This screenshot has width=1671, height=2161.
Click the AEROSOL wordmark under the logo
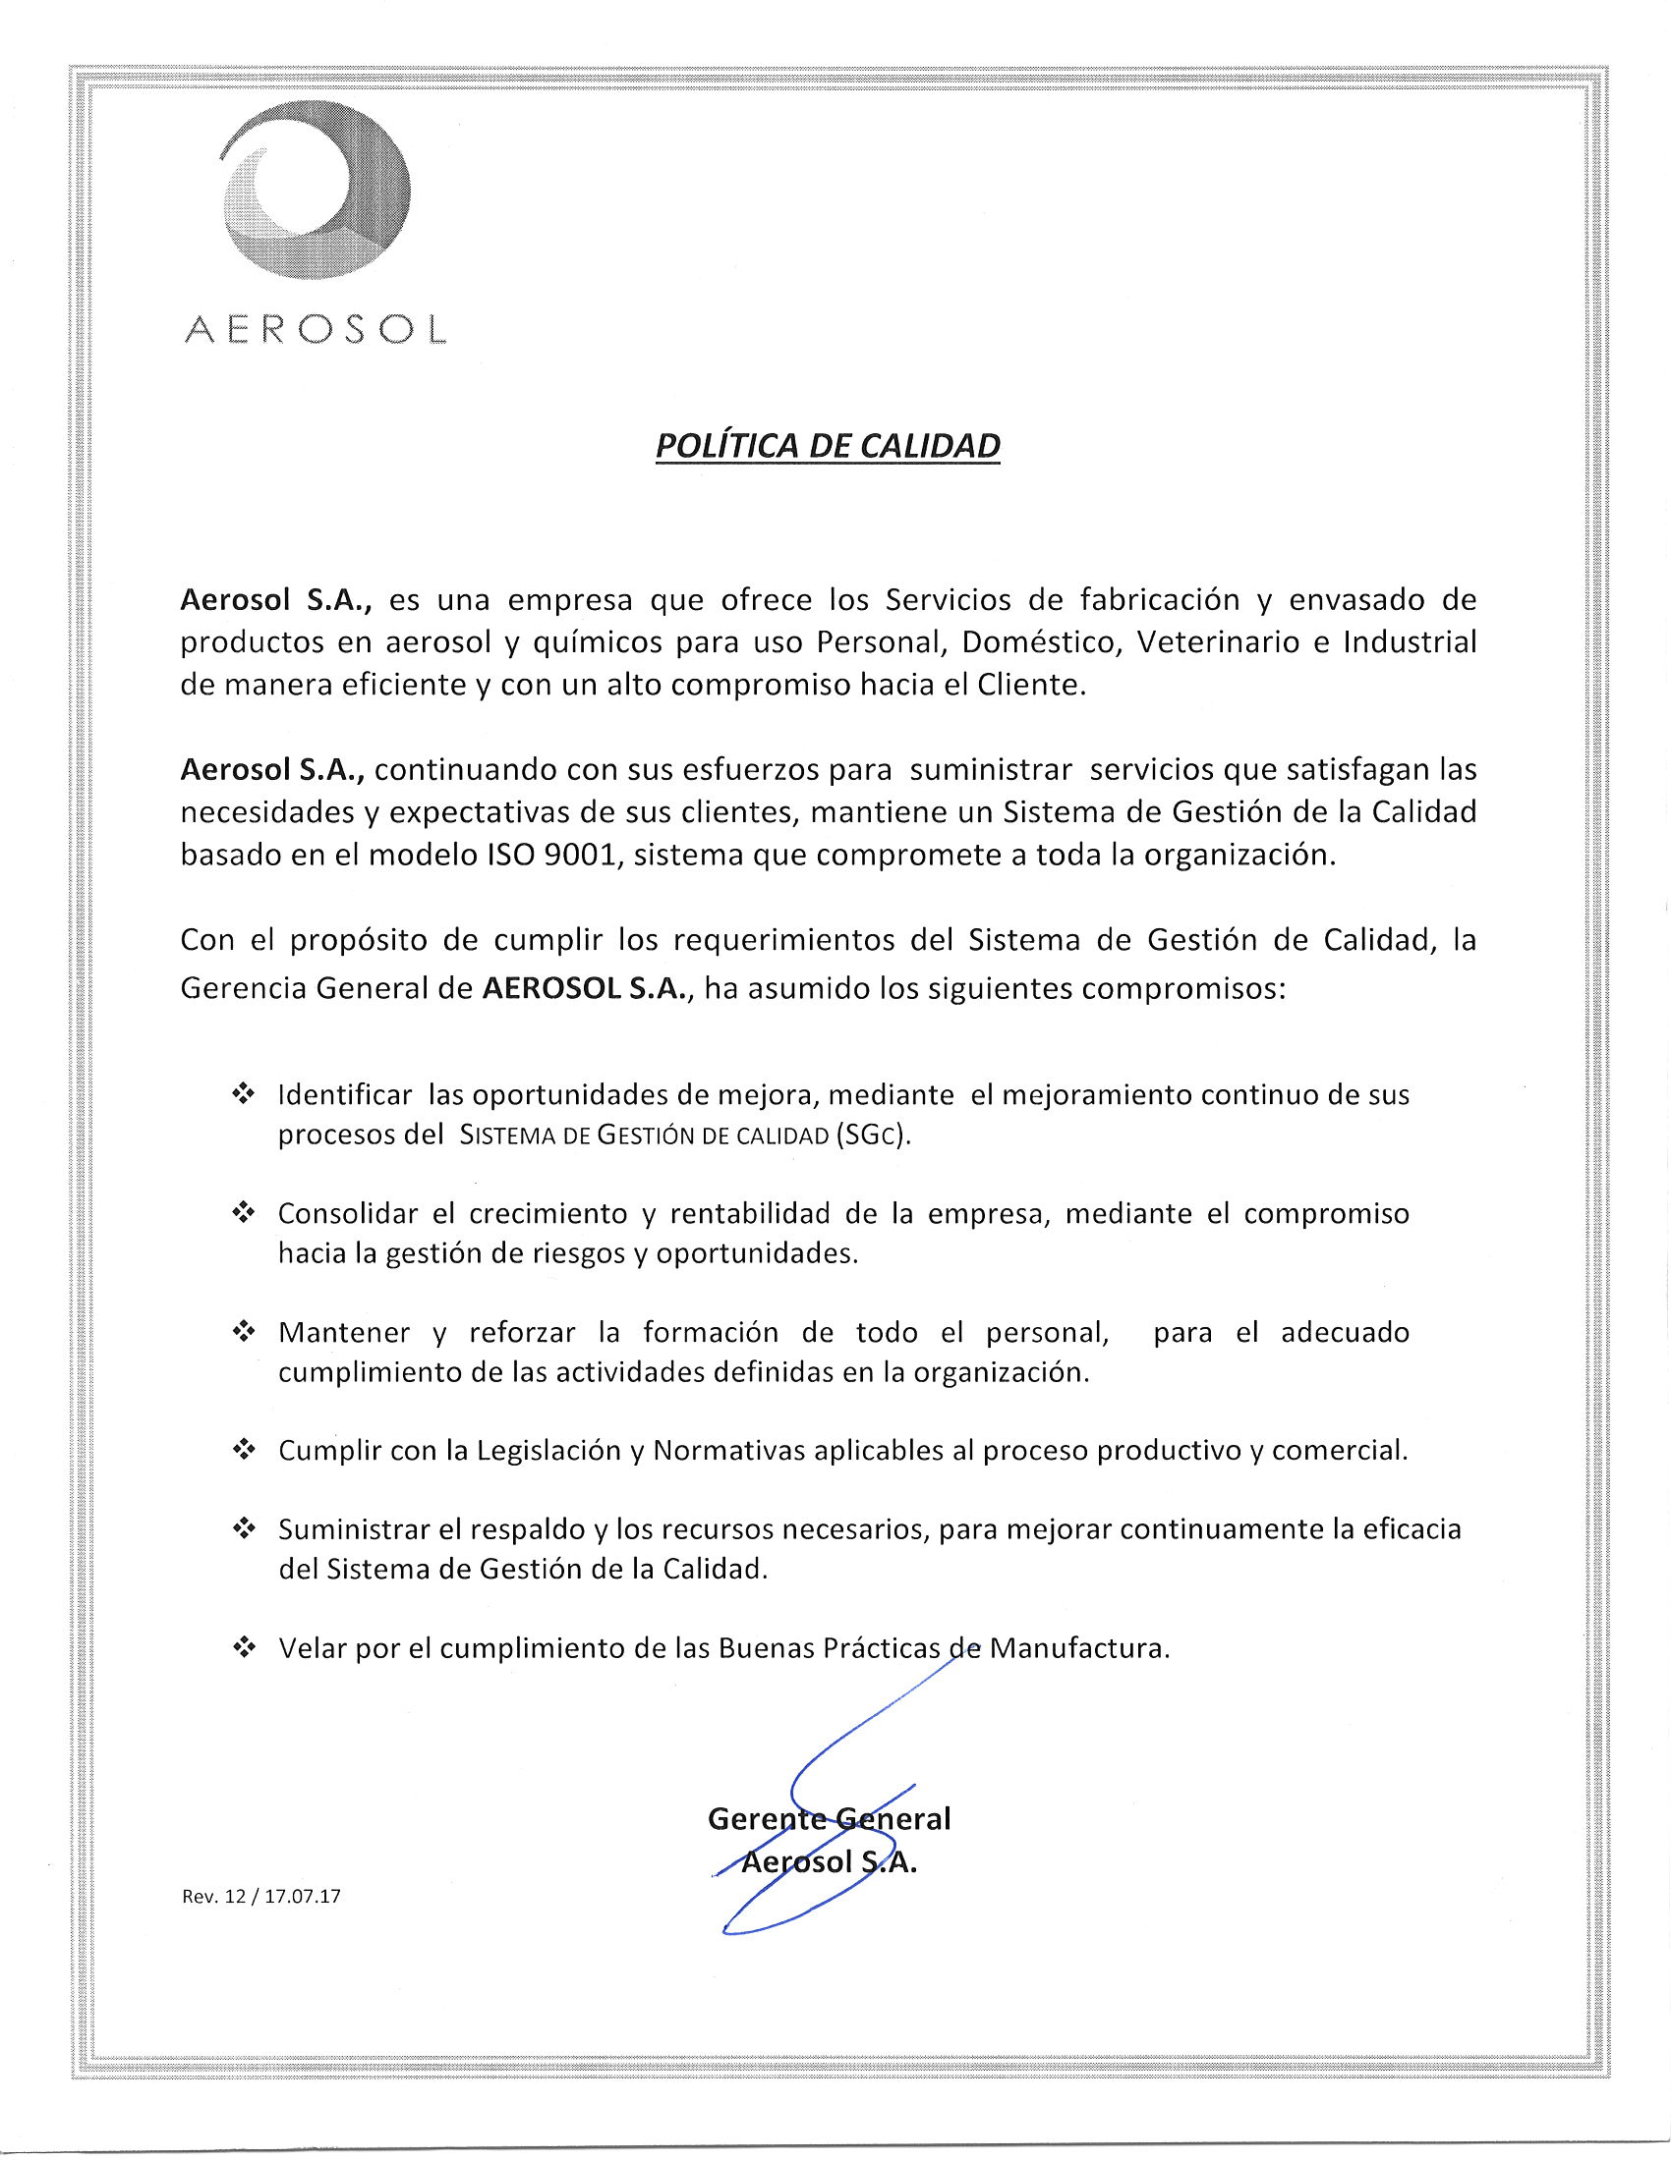[316, 329]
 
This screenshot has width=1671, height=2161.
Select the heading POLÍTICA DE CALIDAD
[828, 446]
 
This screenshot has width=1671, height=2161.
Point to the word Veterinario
[1222, 642]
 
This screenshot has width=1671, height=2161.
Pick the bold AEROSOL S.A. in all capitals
[584, 990]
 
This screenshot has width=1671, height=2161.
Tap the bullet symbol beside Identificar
[243, 1094]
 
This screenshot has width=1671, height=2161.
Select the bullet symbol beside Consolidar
[243, 1213]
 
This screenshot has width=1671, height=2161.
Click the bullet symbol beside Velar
[243, 1648]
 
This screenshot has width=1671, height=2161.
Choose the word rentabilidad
[750, 1213]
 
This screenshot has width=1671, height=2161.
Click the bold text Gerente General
[829, 1818]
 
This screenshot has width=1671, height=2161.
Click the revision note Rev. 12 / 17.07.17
[261, 1897]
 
